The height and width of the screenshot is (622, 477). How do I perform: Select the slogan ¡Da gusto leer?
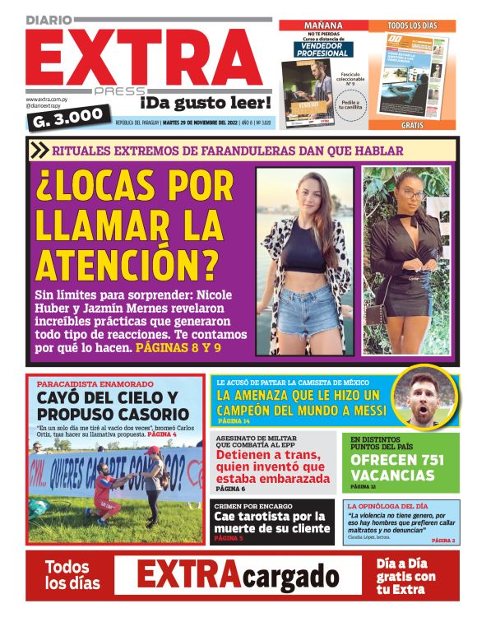(205, 103)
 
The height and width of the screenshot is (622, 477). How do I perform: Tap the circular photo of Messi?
(424, 397)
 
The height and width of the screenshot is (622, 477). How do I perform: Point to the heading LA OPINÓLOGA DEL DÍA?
(387, 506)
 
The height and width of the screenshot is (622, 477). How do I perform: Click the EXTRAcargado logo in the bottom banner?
(238, 574)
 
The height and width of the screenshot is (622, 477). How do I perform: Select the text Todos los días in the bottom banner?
(72, 574)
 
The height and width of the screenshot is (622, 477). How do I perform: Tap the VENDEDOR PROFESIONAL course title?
(323, 50)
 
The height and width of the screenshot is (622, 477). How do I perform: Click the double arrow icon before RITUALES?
(39, 150)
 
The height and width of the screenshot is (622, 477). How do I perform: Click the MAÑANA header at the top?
(323, 26)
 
